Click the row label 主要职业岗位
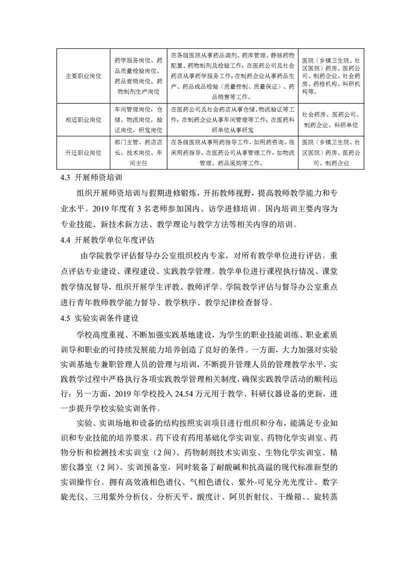[83, 76]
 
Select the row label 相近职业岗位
[83, 120]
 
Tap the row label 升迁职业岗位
[83, 151]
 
